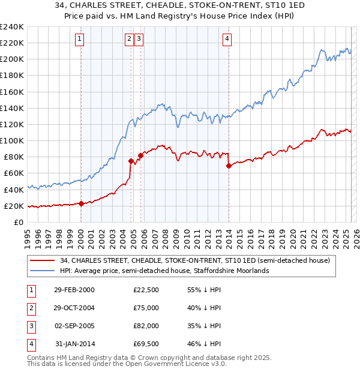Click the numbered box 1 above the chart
(80, 40)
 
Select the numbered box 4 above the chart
(227, 40)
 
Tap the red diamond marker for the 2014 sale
(229, 166)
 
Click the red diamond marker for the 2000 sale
(81, 203)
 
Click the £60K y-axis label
(14, 173)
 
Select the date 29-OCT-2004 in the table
(74, 308)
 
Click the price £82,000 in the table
(146, 326)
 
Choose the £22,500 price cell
(146, 290)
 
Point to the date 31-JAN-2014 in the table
(74, 344)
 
